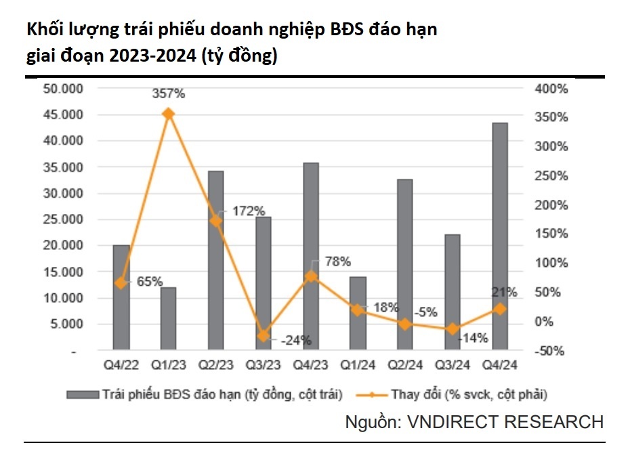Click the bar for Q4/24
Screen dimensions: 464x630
coord(500,237)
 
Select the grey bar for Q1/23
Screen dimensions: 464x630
coord(168,319)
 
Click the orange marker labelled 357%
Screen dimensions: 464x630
coord(169,114)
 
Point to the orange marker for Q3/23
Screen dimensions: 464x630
coord(264,335)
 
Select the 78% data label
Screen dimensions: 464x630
coord(337,261)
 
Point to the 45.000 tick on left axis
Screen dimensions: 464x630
coord(63,114)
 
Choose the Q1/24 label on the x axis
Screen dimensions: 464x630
coord(358,366)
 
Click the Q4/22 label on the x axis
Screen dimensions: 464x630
coord(121,366)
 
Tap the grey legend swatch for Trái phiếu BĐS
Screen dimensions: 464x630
coord(81,394)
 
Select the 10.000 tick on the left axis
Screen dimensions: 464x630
coord(63,298)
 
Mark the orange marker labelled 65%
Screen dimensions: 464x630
coord(121,283)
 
